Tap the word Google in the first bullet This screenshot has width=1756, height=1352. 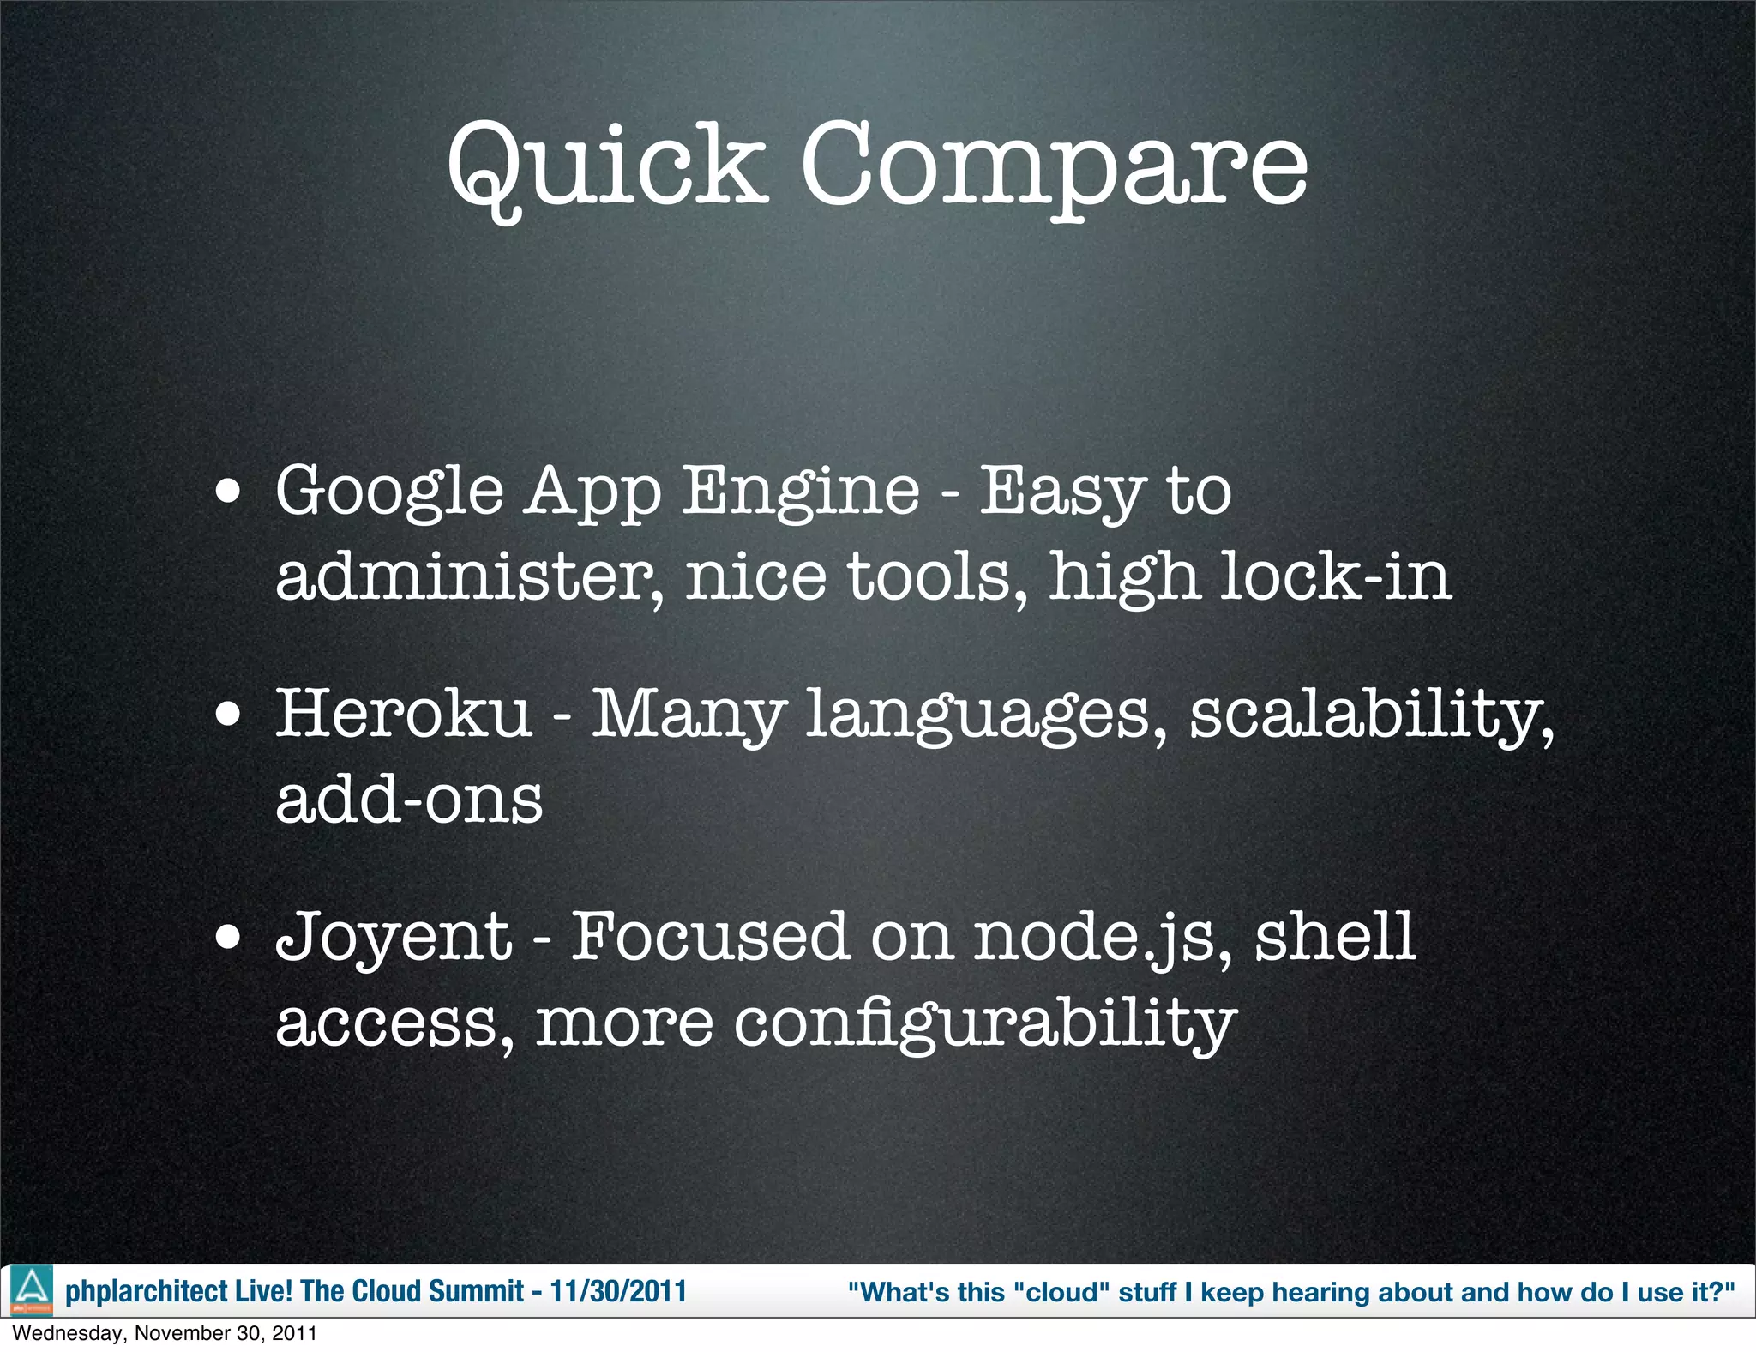[x=389, y=492]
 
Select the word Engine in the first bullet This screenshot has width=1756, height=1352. [x=800, y=492]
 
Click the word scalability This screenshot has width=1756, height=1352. [x=1370, y=716]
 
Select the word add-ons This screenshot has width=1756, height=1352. [x=409, y=800]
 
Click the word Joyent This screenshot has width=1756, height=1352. [x=394, y=938]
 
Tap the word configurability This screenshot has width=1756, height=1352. [x=984, y=1023]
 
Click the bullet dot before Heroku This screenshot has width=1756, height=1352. [x=228, y=715]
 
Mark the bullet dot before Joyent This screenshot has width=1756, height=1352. [x=228, y=938]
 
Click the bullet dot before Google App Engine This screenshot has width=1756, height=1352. [x=228, y=492]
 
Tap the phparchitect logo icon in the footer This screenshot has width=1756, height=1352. [x=32, y=1290]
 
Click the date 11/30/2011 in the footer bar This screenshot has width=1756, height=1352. [x=618, y=1291]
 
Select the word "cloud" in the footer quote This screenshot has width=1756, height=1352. [x=1061, y=1292]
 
